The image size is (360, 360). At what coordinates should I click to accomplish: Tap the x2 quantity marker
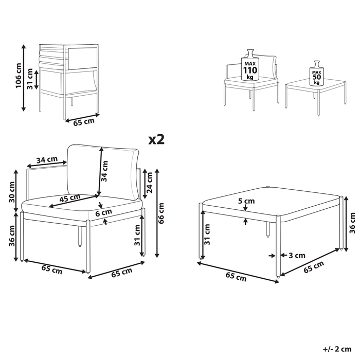[x=156, y=139]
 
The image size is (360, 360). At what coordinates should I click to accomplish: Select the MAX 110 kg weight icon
[x=251, y=64]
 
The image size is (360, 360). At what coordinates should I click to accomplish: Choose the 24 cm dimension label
[x=150, y=183]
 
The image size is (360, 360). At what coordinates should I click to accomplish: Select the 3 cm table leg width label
[x=297, y=255]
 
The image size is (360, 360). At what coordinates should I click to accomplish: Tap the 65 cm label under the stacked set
[x=83, y=122]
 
